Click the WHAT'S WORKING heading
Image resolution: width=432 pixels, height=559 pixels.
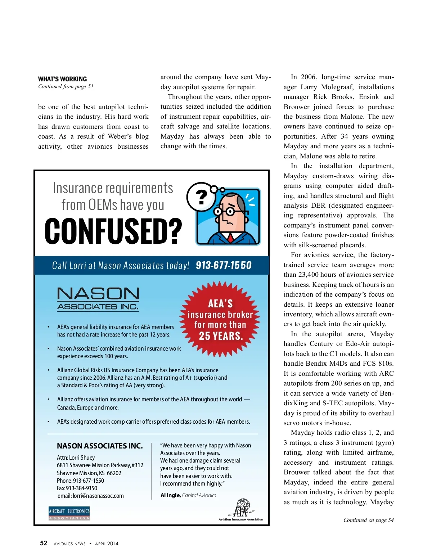(63, 79)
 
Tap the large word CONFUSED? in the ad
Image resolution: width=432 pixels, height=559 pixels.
(113, 231)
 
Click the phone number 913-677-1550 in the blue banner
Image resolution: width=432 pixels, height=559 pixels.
(224, 265)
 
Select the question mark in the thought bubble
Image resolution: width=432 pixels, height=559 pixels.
(202, 197)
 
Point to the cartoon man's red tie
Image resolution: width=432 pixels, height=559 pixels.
(230, 237)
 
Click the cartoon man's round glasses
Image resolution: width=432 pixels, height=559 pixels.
(224, 211)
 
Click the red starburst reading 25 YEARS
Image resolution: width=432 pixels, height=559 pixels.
(220, 319)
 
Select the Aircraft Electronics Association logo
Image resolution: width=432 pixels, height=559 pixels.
(69, 514)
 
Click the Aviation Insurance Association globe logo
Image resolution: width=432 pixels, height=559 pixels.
(242, 509)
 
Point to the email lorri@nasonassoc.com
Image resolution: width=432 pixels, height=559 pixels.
(90, 496)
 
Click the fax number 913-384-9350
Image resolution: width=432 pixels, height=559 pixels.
(77, 488)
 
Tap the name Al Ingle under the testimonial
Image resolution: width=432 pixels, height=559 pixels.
(170, 495)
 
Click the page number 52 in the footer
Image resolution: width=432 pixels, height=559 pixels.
(44, 543)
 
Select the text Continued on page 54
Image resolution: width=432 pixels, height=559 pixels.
(368, 520)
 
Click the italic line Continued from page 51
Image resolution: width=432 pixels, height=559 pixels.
(66, 86)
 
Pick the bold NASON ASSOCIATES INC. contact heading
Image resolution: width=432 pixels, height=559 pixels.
(100, 446)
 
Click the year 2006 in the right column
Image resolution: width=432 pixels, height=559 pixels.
(308, 77)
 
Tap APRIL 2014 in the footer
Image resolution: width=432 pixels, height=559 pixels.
(107, 544)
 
